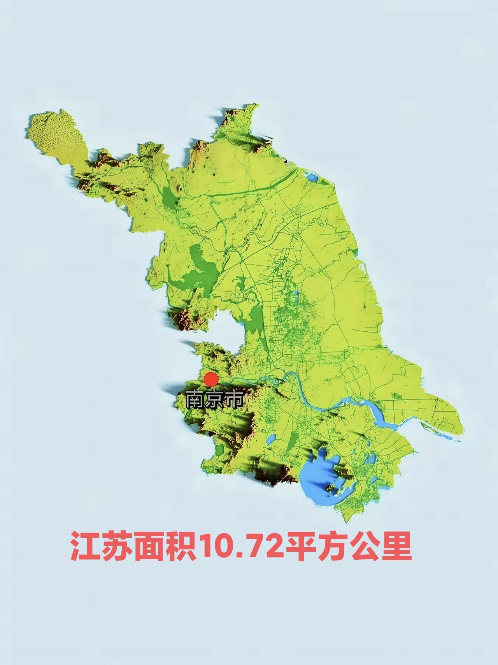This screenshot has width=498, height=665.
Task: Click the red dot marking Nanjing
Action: coord(211,379)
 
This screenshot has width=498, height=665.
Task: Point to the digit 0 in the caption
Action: coord(227,547)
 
